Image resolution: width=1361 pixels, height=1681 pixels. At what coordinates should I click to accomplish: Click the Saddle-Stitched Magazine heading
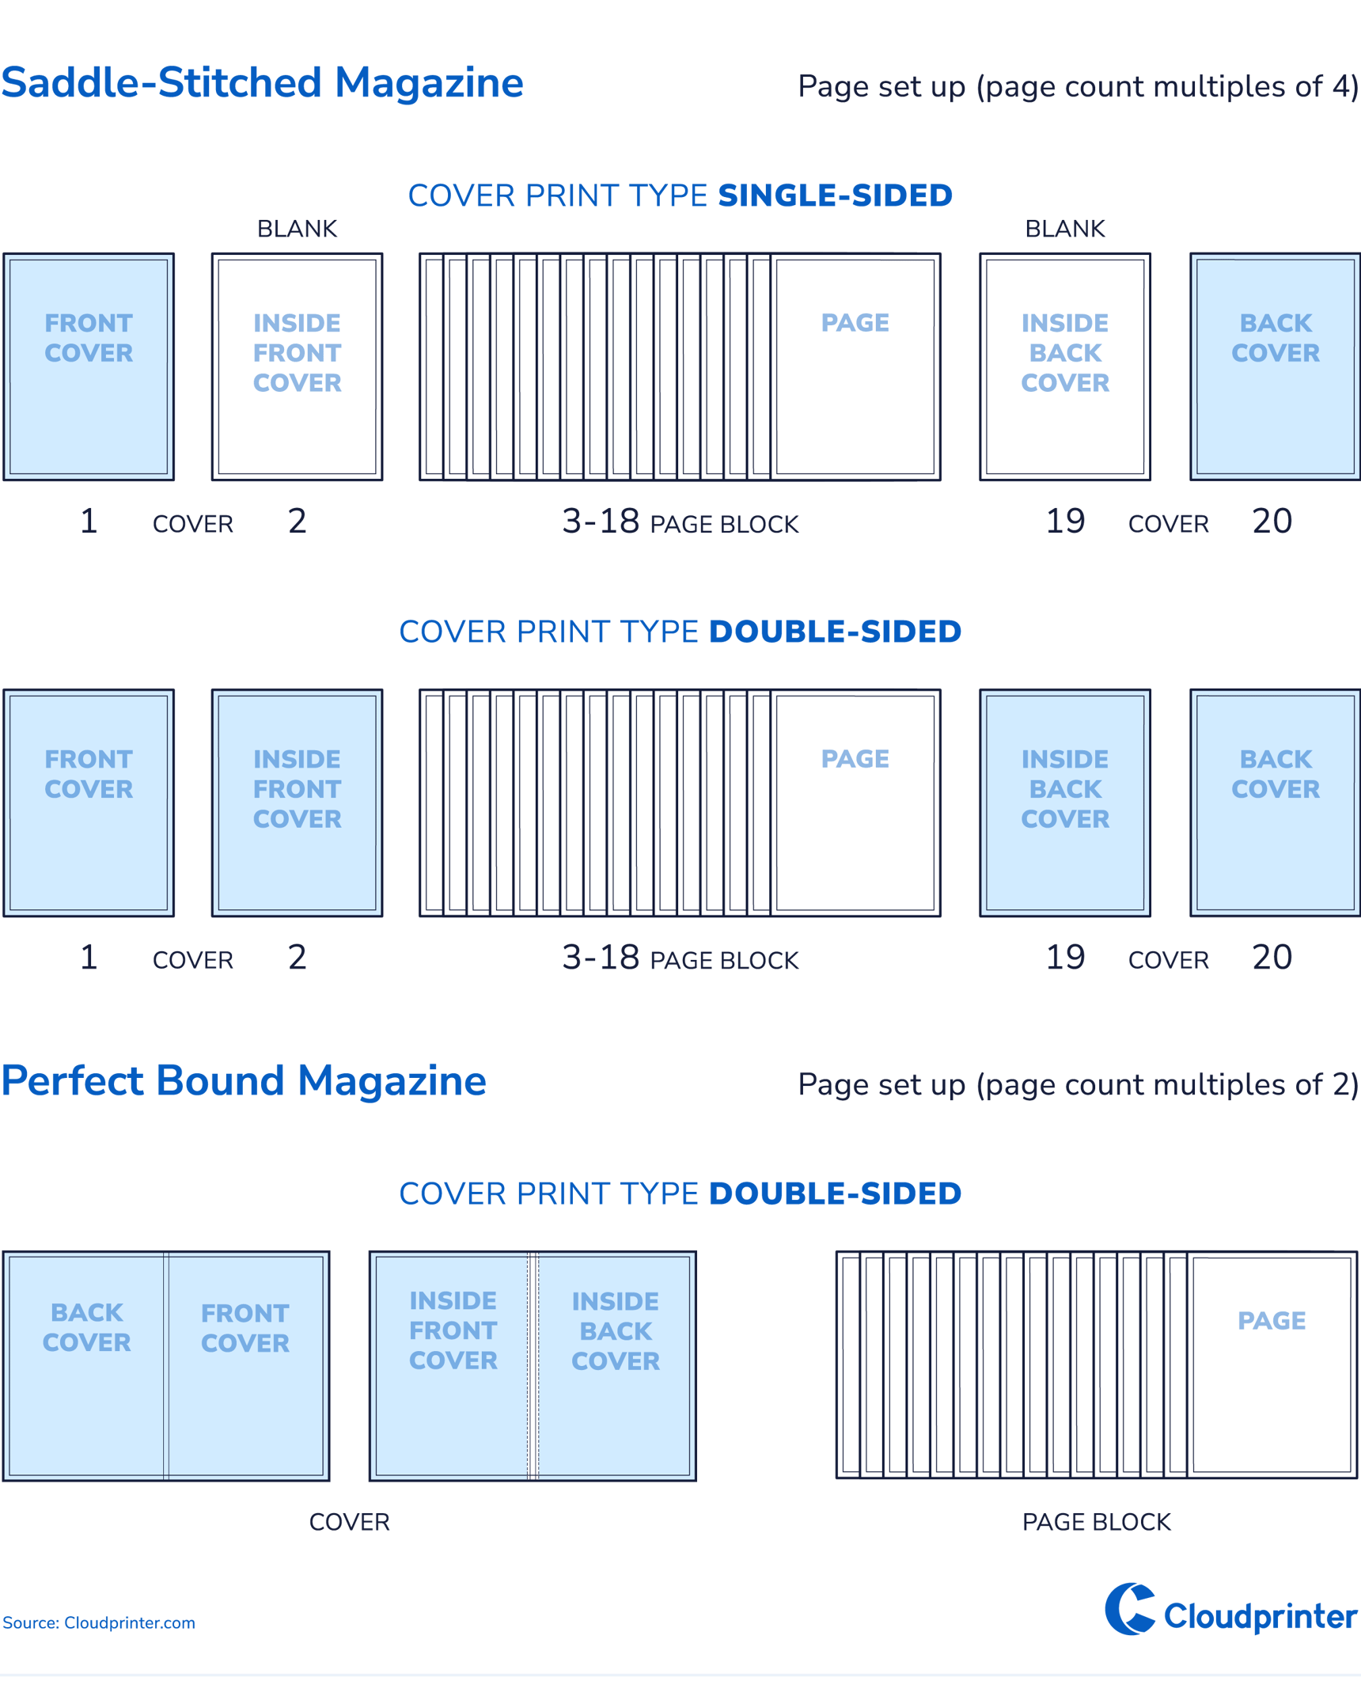[262, 83]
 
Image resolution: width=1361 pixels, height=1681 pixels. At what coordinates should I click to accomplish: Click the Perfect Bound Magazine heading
[243, 1081]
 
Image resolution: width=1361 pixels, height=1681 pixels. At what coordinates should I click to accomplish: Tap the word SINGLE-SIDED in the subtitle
[835, 195]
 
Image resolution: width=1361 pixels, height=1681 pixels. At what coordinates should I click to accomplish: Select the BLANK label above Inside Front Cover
[298, 229]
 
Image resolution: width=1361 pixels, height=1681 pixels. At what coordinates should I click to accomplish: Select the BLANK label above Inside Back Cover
[1065, 229]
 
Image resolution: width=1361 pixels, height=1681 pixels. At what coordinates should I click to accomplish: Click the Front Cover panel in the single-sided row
[89, 367]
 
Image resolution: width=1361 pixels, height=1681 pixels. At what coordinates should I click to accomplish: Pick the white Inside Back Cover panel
[1065, 367]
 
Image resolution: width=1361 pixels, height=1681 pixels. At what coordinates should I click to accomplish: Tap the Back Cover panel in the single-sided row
[1275, 367]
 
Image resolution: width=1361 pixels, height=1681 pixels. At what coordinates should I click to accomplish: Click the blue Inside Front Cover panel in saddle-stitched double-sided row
[297, 803]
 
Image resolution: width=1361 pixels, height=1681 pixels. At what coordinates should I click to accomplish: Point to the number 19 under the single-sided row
[1065, 522]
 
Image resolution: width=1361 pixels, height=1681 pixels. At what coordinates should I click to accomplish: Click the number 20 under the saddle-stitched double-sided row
[1272, 958]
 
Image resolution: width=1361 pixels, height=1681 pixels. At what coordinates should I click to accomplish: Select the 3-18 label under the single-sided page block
[601, 522]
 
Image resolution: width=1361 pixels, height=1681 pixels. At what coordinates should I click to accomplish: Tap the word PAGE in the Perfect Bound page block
[1272, 1321]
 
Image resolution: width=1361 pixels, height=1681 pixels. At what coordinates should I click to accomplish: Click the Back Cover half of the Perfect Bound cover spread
[86, 1366]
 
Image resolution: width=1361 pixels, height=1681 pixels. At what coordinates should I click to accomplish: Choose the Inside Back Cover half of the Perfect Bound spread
[616, 1366]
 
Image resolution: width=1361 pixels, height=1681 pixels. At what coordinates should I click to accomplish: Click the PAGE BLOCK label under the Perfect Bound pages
[1097, 1522]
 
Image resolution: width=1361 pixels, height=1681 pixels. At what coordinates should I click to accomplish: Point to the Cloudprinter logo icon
[1130, 1609]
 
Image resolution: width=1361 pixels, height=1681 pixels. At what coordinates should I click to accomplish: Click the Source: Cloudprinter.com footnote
[99, 1623]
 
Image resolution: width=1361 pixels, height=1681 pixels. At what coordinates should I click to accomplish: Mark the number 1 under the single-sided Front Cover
[89, 522]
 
